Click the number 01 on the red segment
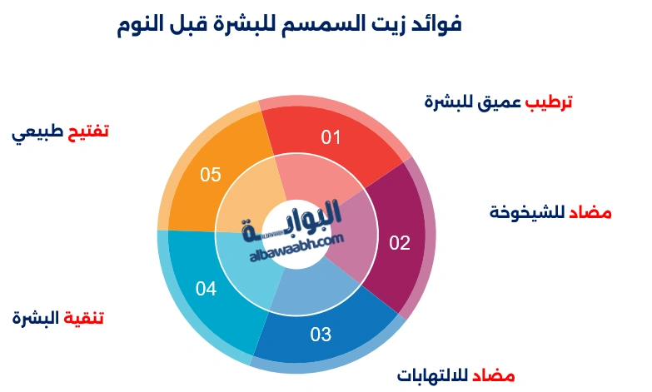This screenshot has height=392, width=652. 332,137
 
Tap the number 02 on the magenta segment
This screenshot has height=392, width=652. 401,243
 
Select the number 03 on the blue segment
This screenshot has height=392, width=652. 321,335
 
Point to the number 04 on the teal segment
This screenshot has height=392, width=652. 207,289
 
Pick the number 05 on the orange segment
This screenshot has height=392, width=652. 211,174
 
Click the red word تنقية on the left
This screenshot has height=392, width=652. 84,318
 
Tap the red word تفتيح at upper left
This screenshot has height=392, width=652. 87,131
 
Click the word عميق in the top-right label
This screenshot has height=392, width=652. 498,102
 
